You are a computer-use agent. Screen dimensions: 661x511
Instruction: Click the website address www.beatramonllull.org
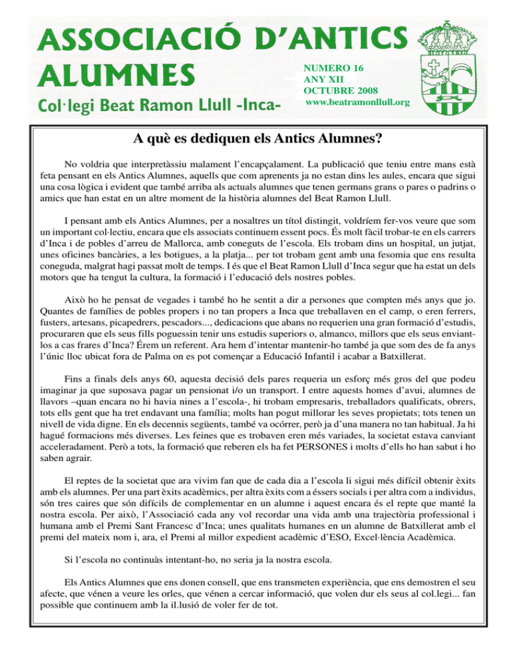point(357,102)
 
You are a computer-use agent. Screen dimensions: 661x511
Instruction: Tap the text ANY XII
point(321,78)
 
